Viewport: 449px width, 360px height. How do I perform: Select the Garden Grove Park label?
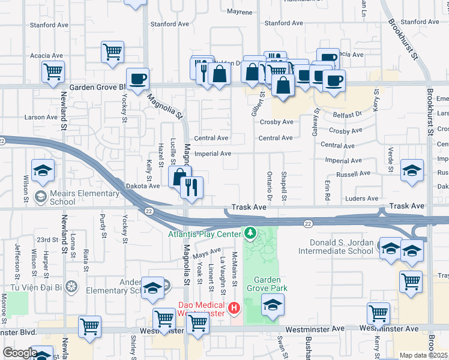271,284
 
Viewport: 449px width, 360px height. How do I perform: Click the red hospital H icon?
234,309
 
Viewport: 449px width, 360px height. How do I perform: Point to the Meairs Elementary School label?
84,197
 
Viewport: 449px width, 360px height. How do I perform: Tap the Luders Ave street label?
363,199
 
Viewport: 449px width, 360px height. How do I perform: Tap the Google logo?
19,353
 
